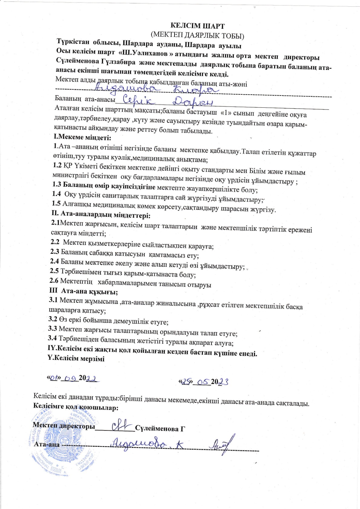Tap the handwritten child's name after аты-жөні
(x=154, y=88)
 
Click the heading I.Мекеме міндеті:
(x=82, y=138)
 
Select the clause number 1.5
(x=56, y=204)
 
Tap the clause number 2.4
(x=54, y=261)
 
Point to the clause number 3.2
(x=53, y=319)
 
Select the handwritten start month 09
(x=70, y=378)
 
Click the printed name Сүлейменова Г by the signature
(x=160, y=429)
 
